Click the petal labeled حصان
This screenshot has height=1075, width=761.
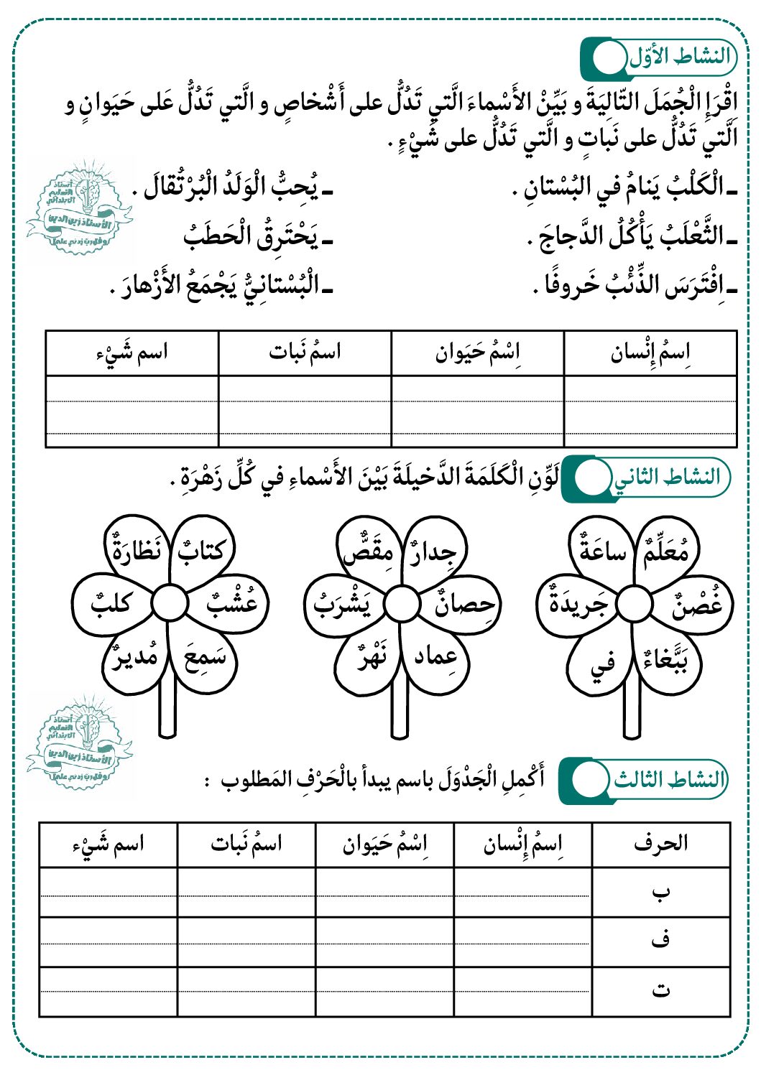[x=464, y=605]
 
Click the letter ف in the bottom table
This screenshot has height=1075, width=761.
[x=660, y=940]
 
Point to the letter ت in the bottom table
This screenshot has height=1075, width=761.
[x=660, y=990]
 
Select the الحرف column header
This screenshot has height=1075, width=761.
[x=660, y=843]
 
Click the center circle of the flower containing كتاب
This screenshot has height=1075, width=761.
[x=170, y=603]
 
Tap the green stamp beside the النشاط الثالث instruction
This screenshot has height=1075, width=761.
[x=79, y=747]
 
